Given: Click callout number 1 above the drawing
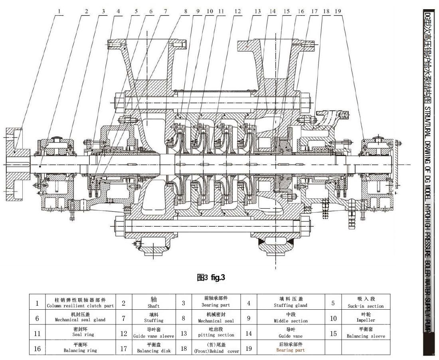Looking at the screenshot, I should pos(59,12).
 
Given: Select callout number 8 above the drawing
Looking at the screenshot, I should pos(185,12).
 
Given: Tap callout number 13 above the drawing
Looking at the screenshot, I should pos(257,12).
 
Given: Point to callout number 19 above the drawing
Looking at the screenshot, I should pos(338,12).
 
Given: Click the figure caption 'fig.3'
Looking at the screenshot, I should pos(211,277).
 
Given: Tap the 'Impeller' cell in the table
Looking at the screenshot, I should pos(365,318).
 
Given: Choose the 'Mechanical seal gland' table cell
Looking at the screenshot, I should pos(80,318).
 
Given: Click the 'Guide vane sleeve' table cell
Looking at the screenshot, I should pos(153,333).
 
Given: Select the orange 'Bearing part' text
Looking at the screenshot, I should pos(290,350).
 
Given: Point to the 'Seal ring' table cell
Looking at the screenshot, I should pos(80,333).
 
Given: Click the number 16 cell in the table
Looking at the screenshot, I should pos(37,348).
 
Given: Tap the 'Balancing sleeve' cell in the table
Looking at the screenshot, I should pos(365,333).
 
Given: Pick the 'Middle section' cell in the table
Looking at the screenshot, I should pos(290,318).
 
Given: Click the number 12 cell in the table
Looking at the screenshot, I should pos(124,333).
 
